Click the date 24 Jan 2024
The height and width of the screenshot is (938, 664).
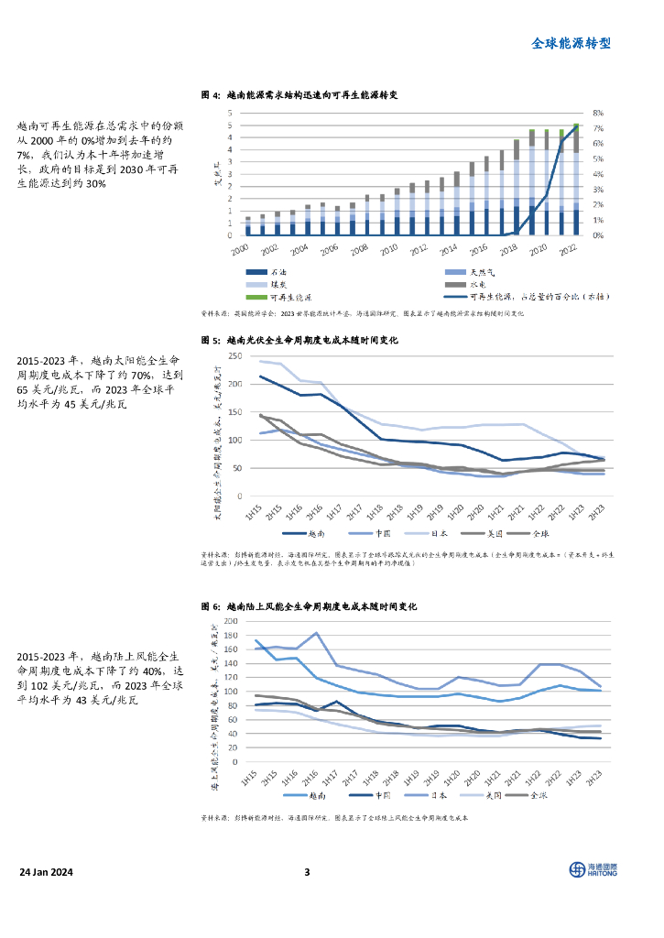48,871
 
